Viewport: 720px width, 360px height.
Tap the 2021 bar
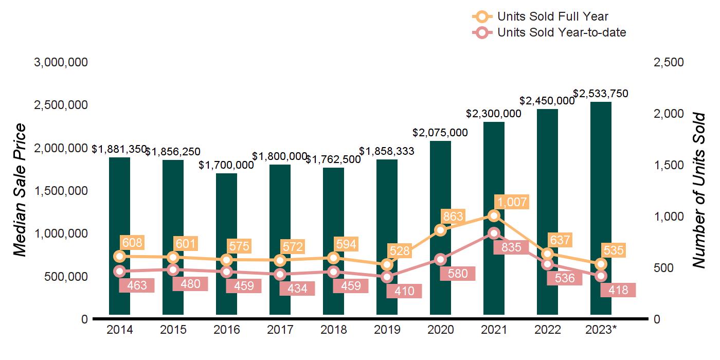point(494,170)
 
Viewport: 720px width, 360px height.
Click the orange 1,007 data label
point(511,202)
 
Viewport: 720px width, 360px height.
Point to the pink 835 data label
point(511,247)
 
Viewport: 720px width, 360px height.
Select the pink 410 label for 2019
point(404,292)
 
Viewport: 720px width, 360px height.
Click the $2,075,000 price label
point(440,133)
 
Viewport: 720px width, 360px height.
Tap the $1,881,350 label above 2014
point(119,149)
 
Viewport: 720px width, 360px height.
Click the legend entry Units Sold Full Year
point(553,16)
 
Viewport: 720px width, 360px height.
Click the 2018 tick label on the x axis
point(333,330)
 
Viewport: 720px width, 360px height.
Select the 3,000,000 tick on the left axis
point(61,62)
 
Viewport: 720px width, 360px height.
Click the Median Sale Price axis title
point(20,190)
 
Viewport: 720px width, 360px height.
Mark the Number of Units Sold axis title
point(698,190)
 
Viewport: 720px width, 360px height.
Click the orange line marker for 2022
point(548,254)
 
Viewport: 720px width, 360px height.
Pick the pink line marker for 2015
point(173,269)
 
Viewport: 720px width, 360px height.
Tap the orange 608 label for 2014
point(132,242)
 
